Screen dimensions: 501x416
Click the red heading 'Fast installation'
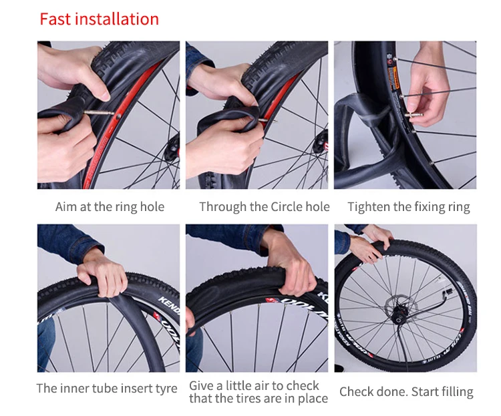(99, 19)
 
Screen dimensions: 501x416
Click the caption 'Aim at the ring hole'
(110, 207)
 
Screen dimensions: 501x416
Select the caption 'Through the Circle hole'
(265, 207)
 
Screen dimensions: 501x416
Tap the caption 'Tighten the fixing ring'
(409, 207)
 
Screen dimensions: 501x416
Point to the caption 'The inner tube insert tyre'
(107, 389)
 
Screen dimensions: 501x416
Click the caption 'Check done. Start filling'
(406, 392)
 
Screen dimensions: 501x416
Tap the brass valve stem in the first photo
(99, 112)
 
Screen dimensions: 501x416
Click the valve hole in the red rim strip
(118, 116)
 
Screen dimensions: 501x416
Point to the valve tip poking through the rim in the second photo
(273, 121)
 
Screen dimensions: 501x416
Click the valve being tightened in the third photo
(413, 115)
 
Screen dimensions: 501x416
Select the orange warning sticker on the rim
(393, 79)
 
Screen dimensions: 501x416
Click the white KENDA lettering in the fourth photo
(169, 304)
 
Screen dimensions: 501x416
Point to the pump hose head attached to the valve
(447, 292)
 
